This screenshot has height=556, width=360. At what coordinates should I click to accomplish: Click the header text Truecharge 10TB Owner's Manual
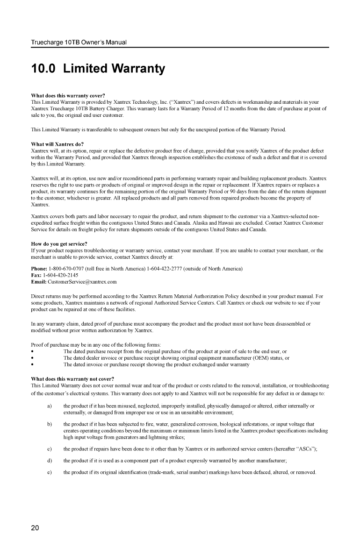pos(79,43)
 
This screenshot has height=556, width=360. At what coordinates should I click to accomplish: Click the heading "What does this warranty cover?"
pos(67,96)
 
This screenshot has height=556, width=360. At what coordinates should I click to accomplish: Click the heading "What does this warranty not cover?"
pos(72,378)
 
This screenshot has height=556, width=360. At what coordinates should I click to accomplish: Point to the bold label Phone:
pos(39,269)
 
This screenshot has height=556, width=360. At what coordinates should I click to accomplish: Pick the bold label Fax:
pos(36,275)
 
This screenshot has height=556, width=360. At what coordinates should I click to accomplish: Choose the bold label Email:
pos(38,282)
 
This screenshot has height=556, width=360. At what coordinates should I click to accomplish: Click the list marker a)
pos(50,406)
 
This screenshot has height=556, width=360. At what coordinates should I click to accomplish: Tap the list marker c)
pos(50,448)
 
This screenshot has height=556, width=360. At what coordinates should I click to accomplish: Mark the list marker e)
pos(50,472)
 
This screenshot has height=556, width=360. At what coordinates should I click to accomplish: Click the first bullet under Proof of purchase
pos(32,351)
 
